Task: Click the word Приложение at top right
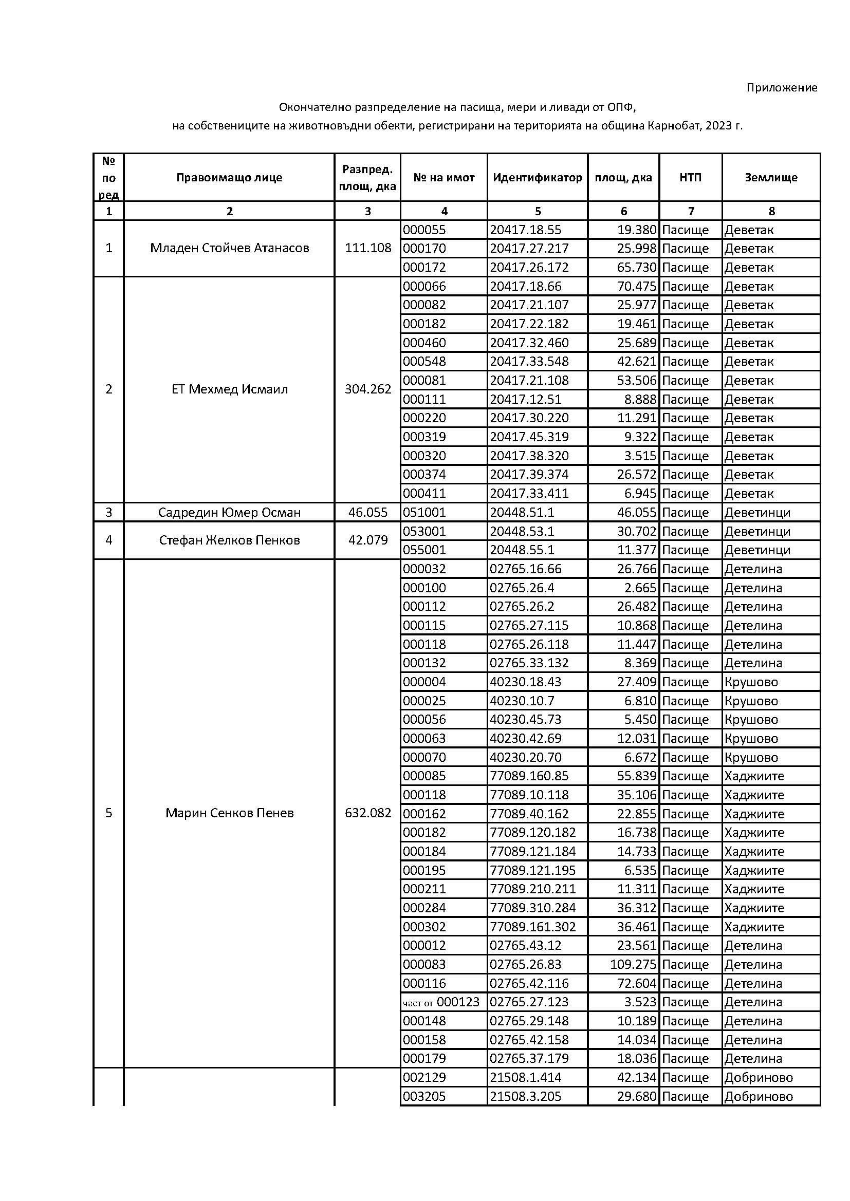[x=782, y=88]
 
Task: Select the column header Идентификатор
[x=537, y=178]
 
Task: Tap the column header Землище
[x=771, y=178]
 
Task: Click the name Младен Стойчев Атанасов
[x=229, y=248]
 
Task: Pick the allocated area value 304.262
[x=367, y=389]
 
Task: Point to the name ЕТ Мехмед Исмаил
[x=229, y=389]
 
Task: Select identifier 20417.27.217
[x=529, y=249]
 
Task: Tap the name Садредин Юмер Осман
[x=229, y=513]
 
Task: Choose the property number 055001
[x=424, y=550]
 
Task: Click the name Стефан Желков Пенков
[x=229, y=540]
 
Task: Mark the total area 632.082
[x=367, y=813]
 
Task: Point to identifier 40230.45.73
[x=525, y=720]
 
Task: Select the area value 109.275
[x=633, y=965]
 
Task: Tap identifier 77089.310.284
[x=532, y=908]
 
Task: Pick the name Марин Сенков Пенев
[x=229, y=813]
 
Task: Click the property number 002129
[x=424, y=1078]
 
